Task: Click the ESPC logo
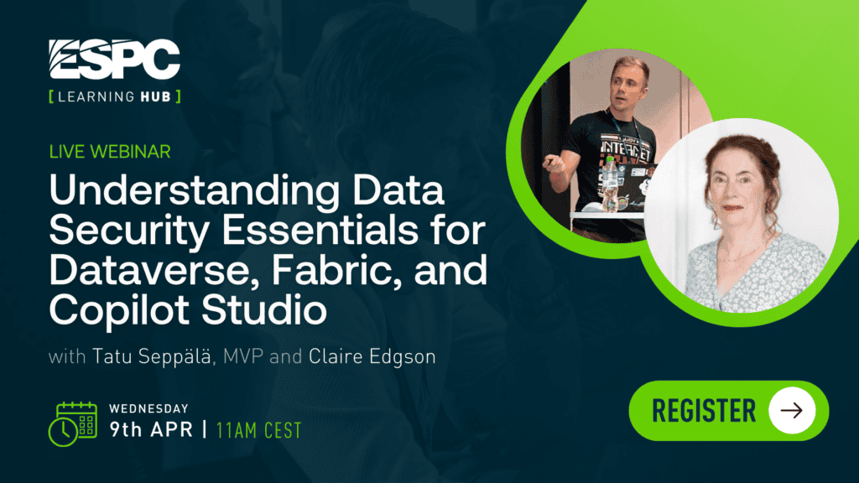click(x=114, y=60)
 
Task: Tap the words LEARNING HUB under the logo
click(x=114, y=97)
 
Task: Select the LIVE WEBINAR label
click(x=110, y=152)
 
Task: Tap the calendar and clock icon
click(x=73, y=423)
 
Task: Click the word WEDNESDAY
click(x=148, y=409)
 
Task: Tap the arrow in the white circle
click(x=792, y=411)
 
